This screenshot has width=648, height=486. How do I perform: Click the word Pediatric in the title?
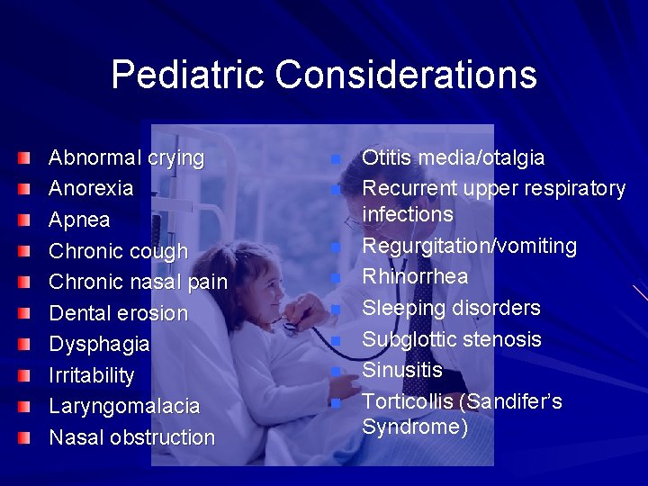[188, 75]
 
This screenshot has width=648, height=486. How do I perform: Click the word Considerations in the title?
[406, 75]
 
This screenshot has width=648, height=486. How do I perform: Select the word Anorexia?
[91, 189]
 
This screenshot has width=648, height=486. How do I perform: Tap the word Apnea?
[79, 220]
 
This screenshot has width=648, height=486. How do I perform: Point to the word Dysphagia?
[99, 345]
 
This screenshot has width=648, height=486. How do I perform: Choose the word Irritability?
[91, 375]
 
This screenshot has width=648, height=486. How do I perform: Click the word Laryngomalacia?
[124, 407]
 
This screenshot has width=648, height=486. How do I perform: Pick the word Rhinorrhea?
[415, 277]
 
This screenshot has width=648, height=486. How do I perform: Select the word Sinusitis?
[402, 370]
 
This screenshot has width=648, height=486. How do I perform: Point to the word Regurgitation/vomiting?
[469, 247]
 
